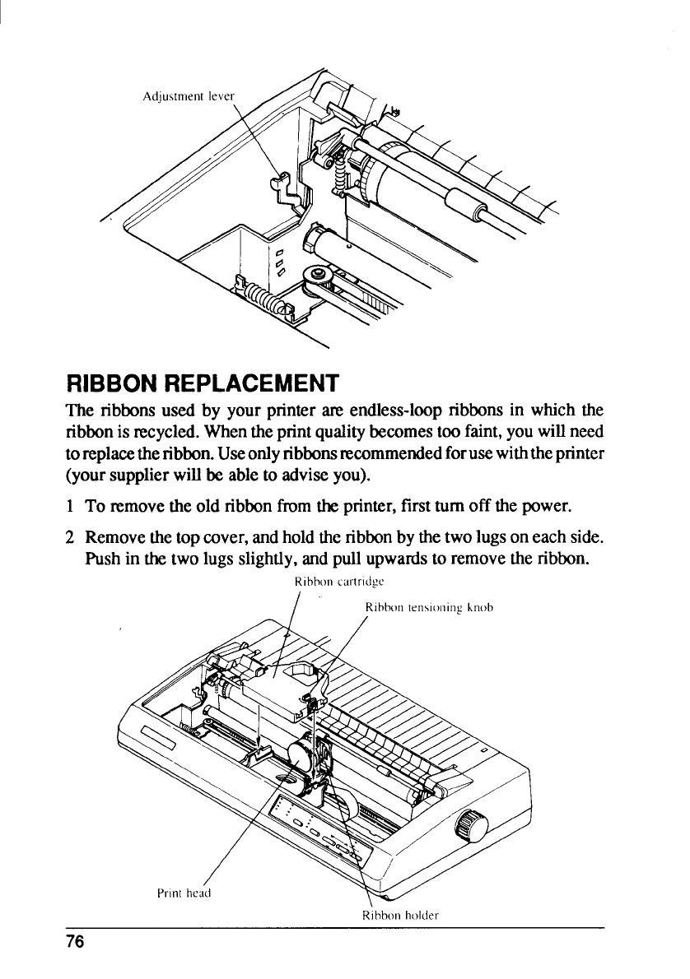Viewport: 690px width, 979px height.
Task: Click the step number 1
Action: (71, 503)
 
